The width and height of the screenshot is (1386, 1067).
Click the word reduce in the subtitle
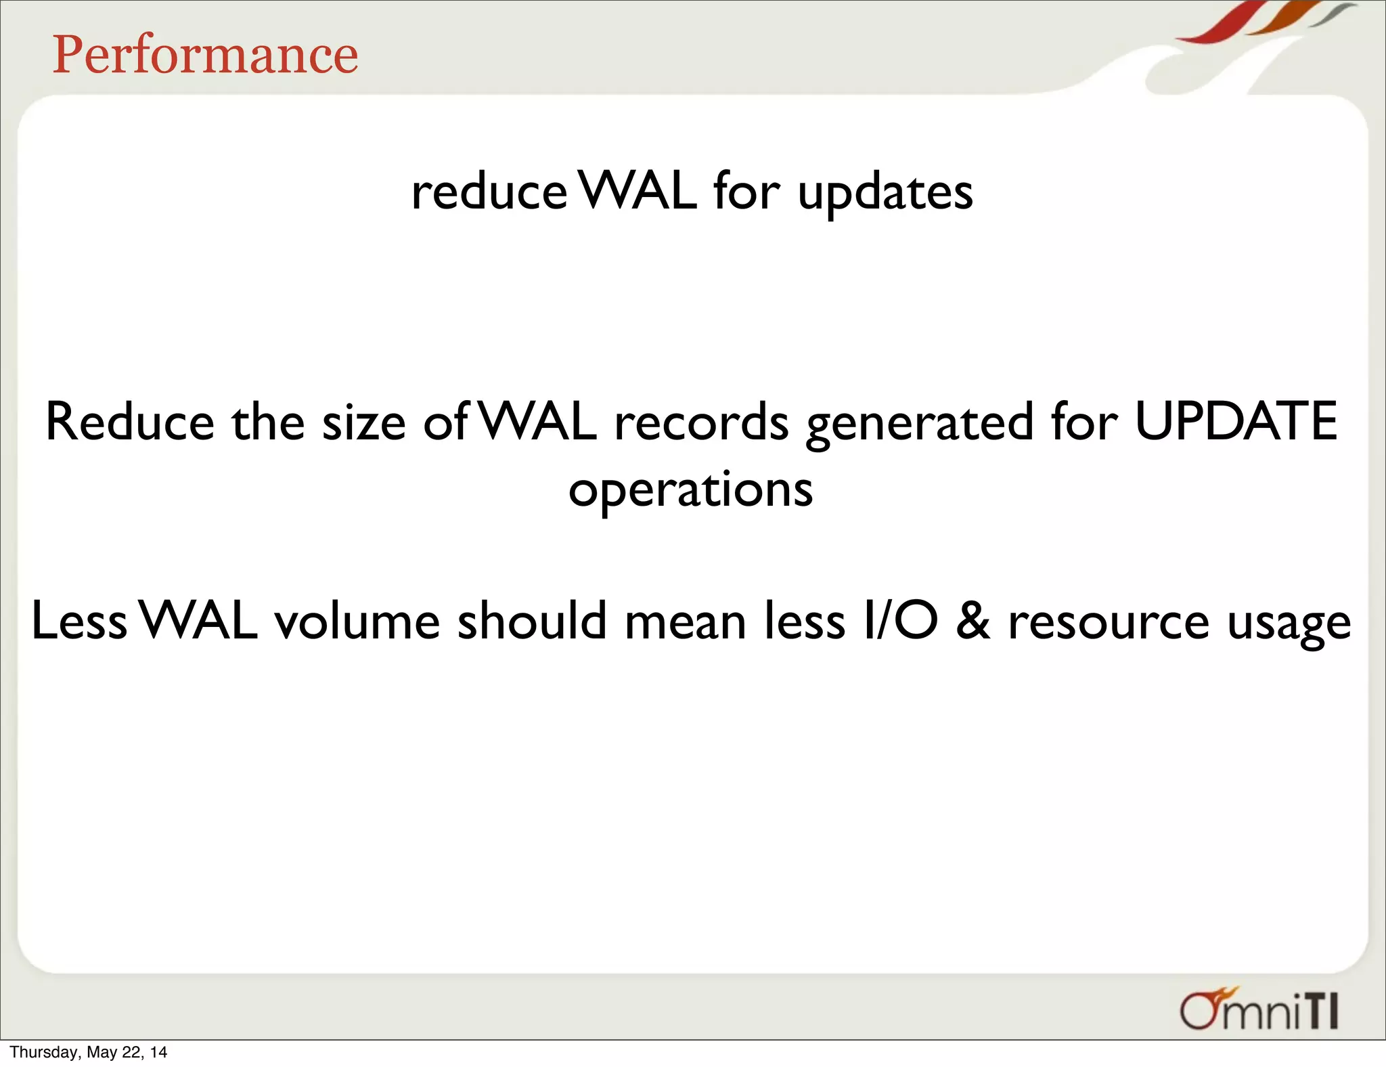(489, 192)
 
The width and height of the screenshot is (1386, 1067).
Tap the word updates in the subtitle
(885, 194)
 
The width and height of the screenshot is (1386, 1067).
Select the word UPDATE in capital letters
(1236, 422)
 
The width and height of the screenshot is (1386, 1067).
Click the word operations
(690, 490)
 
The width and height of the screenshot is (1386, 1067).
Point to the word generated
(920, 424)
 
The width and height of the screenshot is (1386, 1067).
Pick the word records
(701, 422)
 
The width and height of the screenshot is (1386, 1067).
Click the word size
(363, 423)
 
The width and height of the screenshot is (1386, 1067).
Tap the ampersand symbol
(973, 622)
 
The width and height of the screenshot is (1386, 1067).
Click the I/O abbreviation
(901, 622)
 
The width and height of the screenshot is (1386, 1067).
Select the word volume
(357, 622)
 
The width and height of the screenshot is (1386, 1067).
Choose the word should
(532, 622)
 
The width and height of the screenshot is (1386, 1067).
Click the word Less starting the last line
(79, 622)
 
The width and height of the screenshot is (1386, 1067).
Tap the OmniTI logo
(1259, 1011)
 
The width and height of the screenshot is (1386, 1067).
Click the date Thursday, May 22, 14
(88, 1052)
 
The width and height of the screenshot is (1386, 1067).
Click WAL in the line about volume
(200, 622)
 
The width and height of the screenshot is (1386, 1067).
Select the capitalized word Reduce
(129, 422)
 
